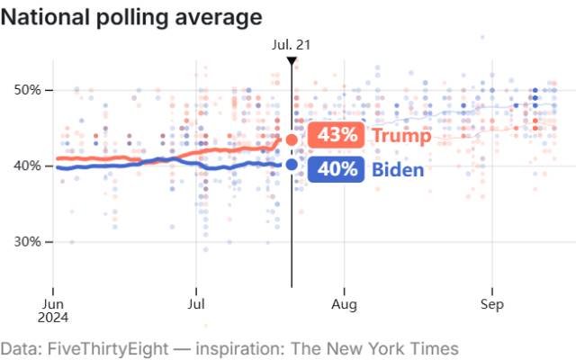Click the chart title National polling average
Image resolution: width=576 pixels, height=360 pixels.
tap(131, 16)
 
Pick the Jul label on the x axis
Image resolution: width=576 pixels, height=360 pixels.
tap(197, 304)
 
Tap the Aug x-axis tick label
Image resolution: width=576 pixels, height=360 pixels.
tap(345, 304)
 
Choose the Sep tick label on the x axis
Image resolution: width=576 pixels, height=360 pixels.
tap(491, 304)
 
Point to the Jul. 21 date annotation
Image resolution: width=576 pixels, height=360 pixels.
tap(291, 43)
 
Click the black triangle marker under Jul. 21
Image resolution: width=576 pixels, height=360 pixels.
tap(292, 60)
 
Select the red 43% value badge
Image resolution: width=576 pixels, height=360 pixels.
tap(336, 135)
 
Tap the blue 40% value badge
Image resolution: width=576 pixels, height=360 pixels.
tap(336, 168)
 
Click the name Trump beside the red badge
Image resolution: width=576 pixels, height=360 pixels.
tap(401, 135)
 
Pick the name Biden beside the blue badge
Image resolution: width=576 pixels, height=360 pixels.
tap(399, 168)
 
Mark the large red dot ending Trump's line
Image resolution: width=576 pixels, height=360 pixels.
tap(292, 139)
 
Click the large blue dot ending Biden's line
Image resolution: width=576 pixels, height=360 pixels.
tap(292, 164)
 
